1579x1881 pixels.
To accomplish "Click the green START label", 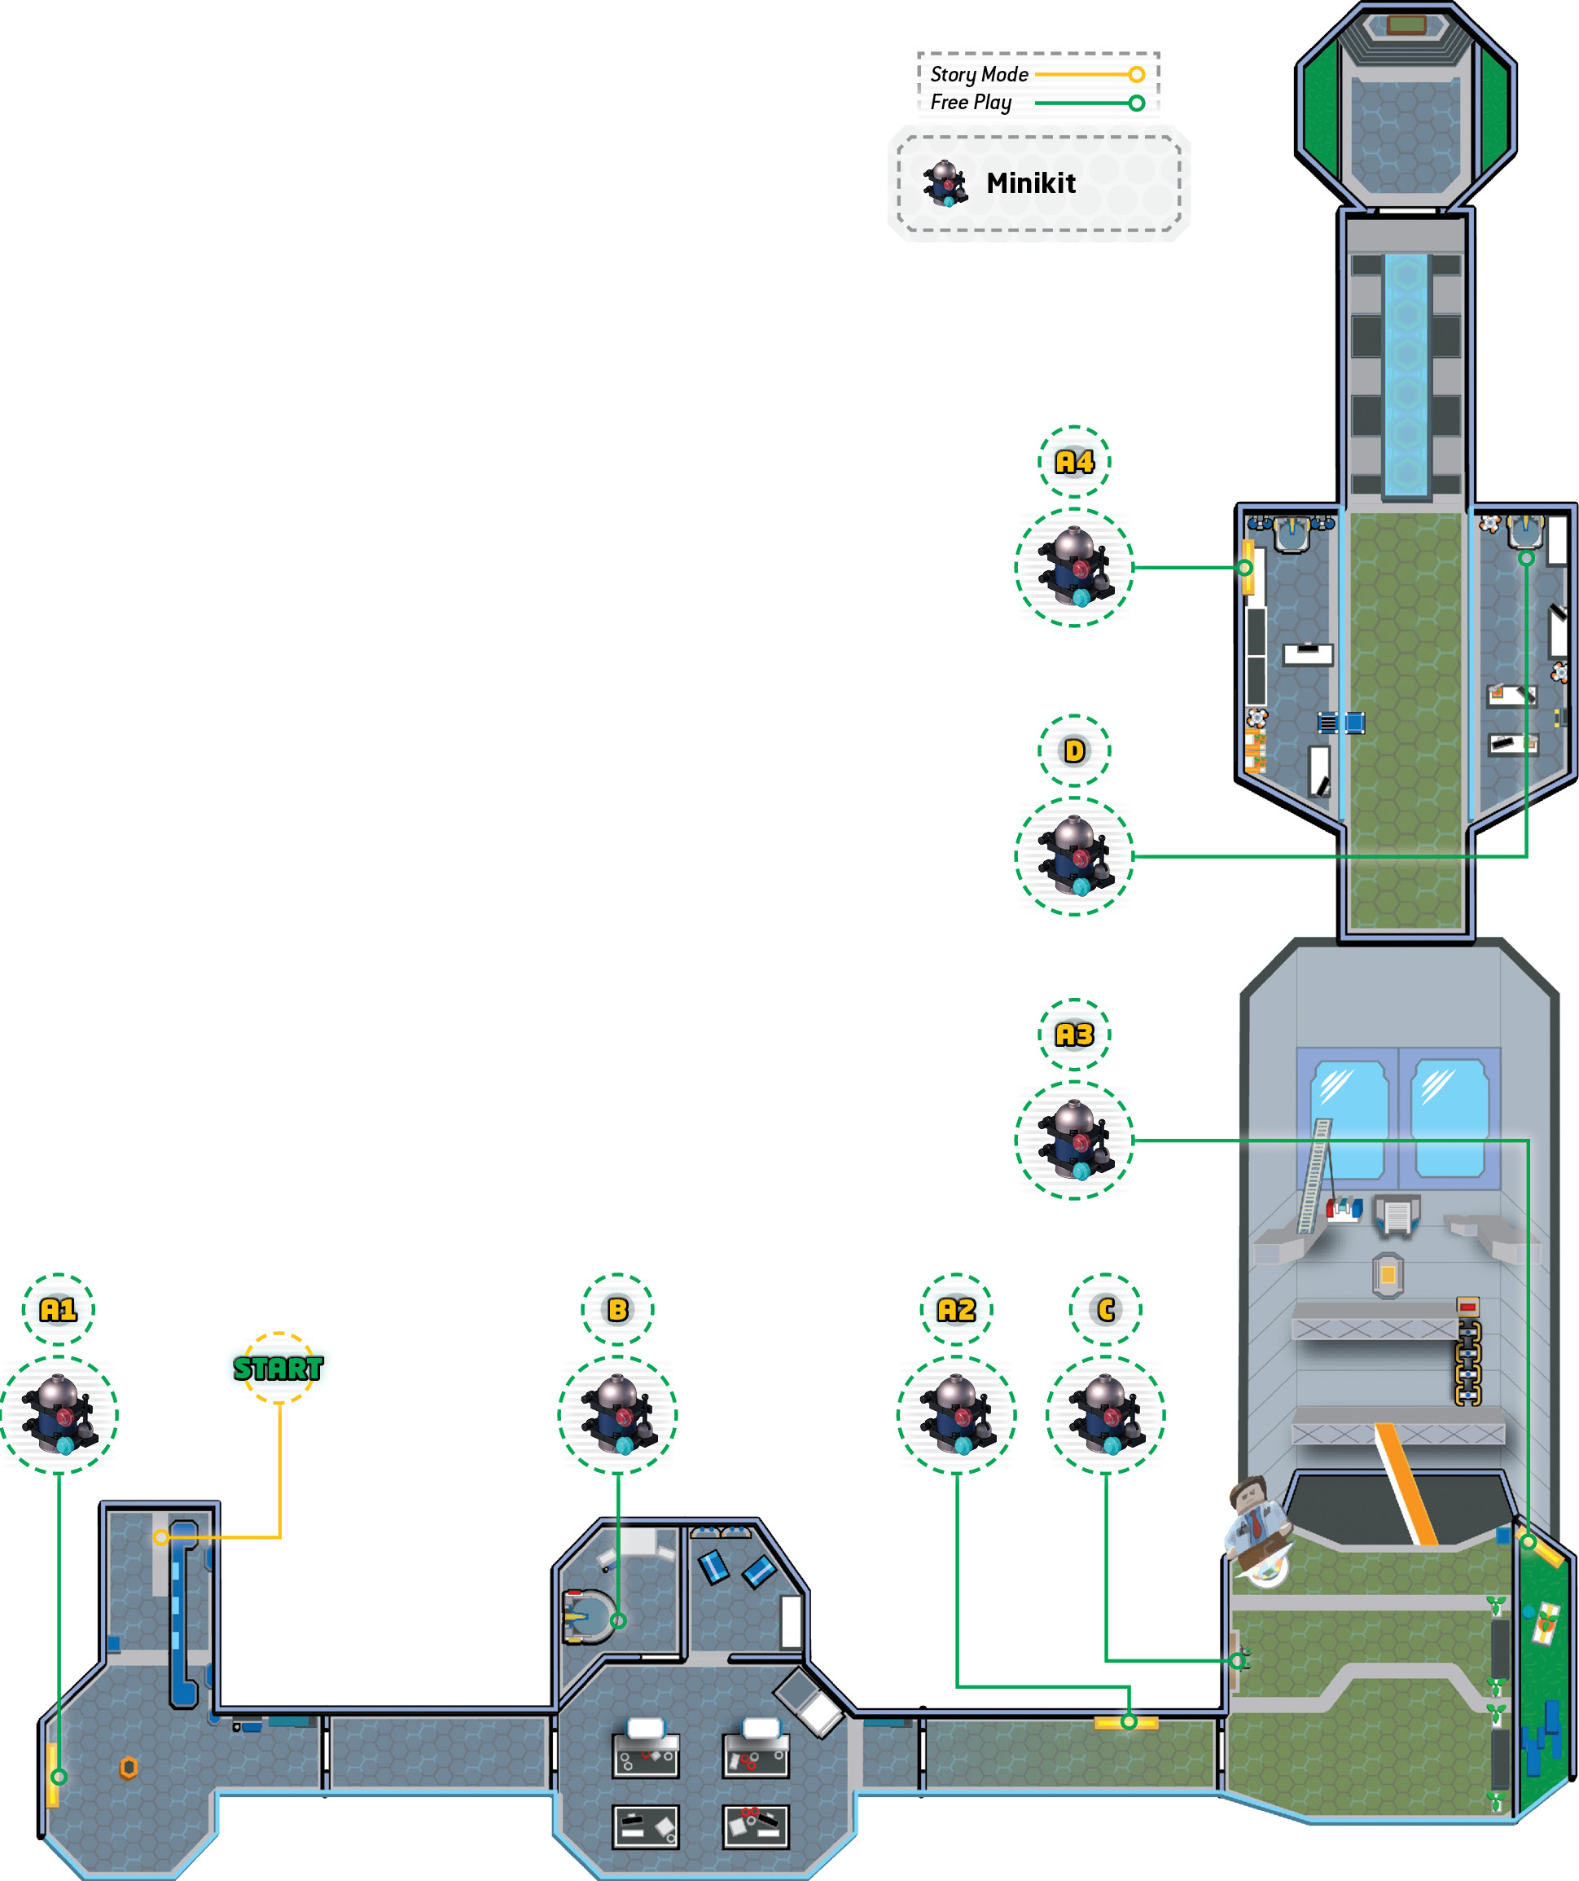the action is pos(278,1368).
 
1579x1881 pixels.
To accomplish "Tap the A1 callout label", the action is pos(58,1310).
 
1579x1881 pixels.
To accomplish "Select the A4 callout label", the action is pos(1074,461).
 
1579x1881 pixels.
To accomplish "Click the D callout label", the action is pos(1074,750).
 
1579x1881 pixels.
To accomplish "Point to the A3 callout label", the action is pos(1074,1035).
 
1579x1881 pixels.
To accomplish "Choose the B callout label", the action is pos(617,1310).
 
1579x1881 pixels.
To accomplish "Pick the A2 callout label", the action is pos(956,1310).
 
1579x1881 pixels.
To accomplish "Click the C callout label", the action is pos(1105,1310).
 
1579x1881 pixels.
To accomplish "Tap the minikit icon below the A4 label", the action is pos(1074,567).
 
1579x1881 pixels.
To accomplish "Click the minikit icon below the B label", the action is pos(617,1415).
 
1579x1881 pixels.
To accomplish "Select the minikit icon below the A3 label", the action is pos(1074,1140).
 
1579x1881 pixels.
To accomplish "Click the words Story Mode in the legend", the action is pos(979,74).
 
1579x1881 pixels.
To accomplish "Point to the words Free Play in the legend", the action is pos(971,103).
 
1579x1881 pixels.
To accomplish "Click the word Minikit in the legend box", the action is pos(1031,183).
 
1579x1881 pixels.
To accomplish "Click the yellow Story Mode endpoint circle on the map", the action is pos(160,1537).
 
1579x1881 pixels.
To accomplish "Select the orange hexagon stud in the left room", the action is pos(129,1767).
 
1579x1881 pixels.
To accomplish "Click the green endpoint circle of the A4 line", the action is pos(1244,567).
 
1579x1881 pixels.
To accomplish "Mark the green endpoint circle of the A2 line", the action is pos(1129,1721).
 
